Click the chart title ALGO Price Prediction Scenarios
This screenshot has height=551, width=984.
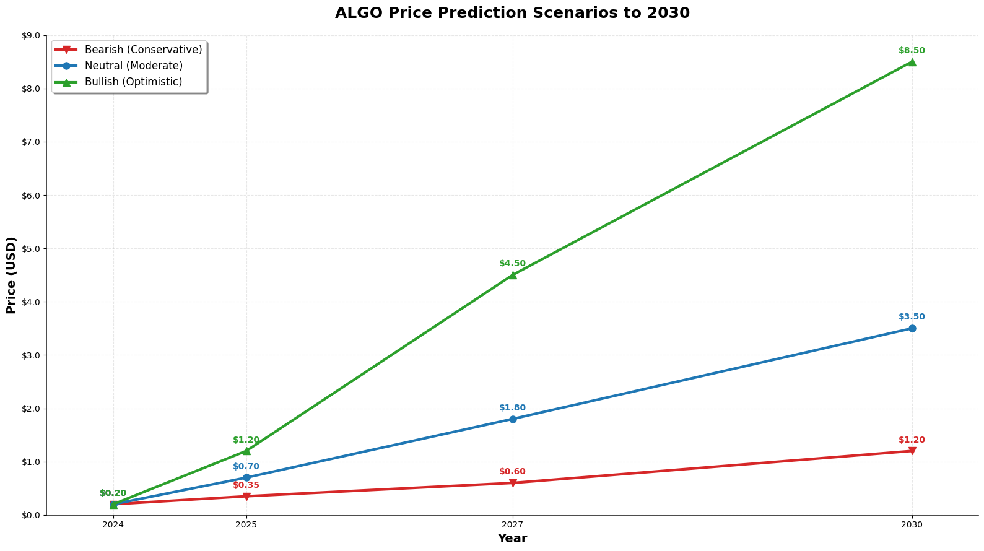click(x=512, y=13)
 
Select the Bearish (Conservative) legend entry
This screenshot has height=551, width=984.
click(x=143, y=50)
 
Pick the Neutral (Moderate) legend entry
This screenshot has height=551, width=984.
click(x=133, y=66)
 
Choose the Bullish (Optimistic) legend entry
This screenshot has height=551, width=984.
click(x=133, y=82)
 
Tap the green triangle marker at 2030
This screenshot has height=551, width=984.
click(x=912, y=62)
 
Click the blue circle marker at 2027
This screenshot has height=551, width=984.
click(x=513, y=419)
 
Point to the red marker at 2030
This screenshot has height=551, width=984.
click(x=912, y=451)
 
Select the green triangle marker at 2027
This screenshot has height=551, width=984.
click(x=513, y=275)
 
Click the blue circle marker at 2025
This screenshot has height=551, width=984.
click(x=246, y=477)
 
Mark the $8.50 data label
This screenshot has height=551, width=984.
click(x=912, y=51)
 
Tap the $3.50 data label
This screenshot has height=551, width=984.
click(x=912, y=317)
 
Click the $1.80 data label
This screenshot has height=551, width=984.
click(x=512, y=408)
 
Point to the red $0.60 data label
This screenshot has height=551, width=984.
click(x=512, y=472)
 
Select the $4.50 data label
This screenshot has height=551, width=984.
click(x=512, y=264)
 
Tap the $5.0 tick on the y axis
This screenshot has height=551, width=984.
click(x=30, y=249)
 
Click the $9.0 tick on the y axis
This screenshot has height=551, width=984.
click(x=30, y=36)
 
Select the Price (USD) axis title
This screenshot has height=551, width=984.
click(x=11, y=275)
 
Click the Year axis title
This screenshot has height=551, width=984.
click(x=512, y=539)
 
